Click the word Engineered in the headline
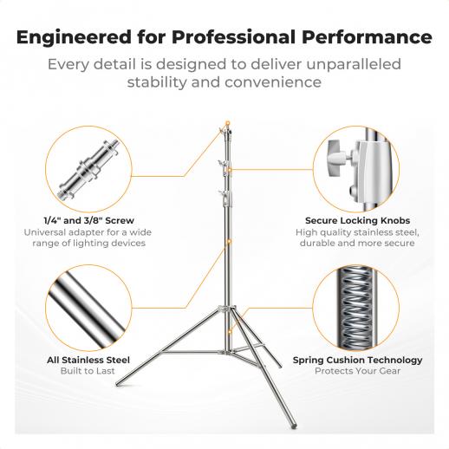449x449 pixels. tap(74, 37)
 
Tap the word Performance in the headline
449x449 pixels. tap(367, 37)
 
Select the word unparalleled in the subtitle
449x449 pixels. tap(354, 64)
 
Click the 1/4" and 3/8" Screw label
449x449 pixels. tap(88, 220)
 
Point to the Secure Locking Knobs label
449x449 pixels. tap(357, 220)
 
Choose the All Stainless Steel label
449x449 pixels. tap(88, 360)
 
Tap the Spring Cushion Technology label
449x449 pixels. tap(357, 361)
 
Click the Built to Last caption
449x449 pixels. tap(88, 371)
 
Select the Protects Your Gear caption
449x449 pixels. tap(357, 371)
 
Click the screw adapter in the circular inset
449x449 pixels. tap(89, 169)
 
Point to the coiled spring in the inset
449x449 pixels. tap(356, 308)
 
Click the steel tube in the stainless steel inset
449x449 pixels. tap(88, 308)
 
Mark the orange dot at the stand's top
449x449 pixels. tap(228, 123)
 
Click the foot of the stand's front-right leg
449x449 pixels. tap(293, 426)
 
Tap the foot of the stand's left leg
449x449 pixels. tap(118, 384)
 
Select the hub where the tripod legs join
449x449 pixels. tap(227, 309)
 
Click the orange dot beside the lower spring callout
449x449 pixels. tap(230, 331)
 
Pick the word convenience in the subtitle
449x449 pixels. tap(273, 82)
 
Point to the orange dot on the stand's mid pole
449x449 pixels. tap(229, 241)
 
